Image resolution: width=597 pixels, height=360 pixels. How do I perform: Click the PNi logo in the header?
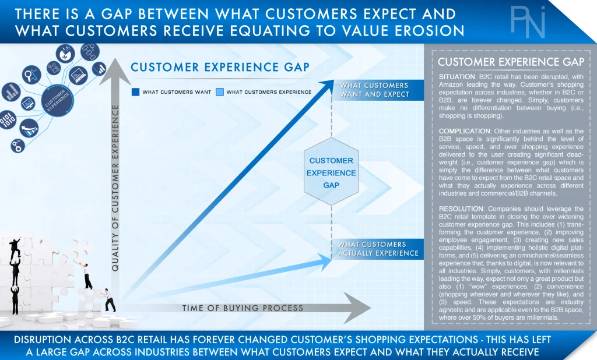click(528, 22)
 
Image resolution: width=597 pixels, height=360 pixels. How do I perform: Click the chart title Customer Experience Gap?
click(220, 68)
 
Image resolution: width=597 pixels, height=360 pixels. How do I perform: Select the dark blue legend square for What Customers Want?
click(135, 91)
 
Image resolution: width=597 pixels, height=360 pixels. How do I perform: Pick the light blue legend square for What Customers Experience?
click(220, 91)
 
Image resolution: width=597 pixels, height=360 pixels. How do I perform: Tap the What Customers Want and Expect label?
click(375, 90)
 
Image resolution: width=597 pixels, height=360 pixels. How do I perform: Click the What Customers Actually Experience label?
click(378, 249)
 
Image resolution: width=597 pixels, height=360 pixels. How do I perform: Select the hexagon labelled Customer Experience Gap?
click(331, 172)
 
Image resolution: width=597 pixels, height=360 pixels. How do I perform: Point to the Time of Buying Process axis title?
click(243, 308)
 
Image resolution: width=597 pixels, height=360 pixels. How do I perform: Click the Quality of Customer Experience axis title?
click(115, 188)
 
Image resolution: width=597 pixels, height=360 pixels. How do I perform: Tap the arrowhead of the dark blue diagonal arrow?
click(326, 86)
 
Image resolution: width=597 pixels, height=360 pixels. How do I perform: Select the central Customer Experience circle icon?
click(57, 100)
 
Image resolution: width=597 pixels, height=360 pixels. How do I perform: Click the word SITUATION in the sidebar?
click(457, 76)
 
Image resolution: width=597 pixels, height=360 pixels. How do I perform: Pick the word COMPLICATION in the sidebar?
click(465, 131)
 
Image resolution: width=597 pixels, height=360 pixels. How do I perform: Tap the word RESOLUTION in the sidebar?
click(461, 209)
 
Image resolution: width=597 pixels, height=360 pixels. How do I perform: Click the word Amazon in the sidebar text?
click(451, 84)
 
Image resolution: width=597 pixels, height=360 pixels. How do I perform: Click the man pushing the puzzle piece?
click(109, 300)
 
